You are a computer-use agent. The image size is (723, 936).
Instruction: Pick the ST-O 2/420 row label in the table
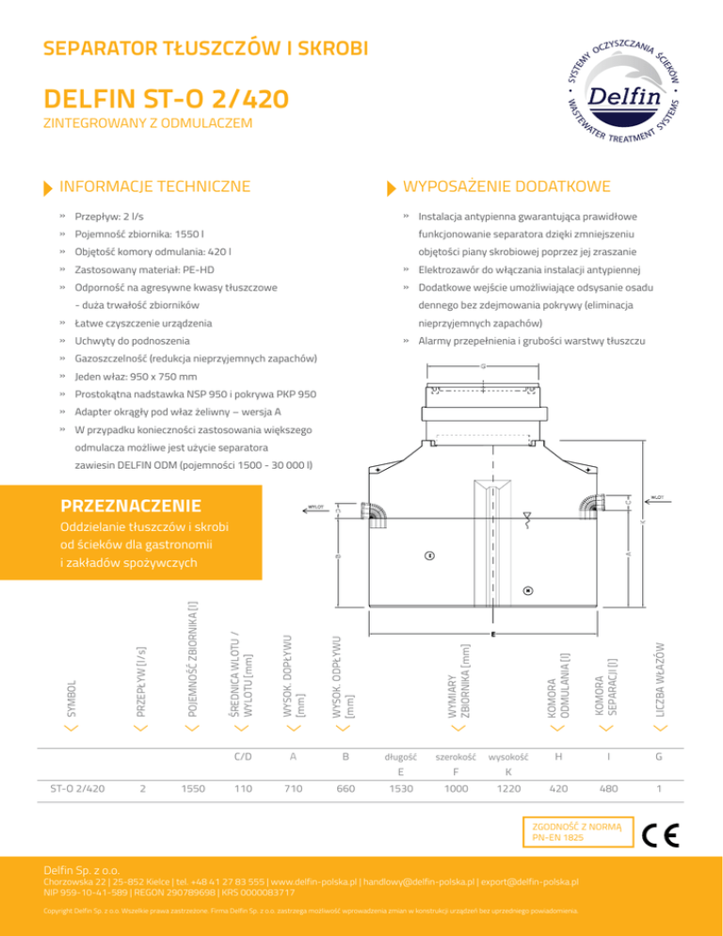pos(77,789)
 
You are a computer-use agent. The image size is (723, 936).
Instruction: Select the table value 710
pos(294,789)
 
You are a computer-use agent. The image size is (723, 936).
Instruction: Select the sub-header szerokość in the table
pos(456,757)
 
